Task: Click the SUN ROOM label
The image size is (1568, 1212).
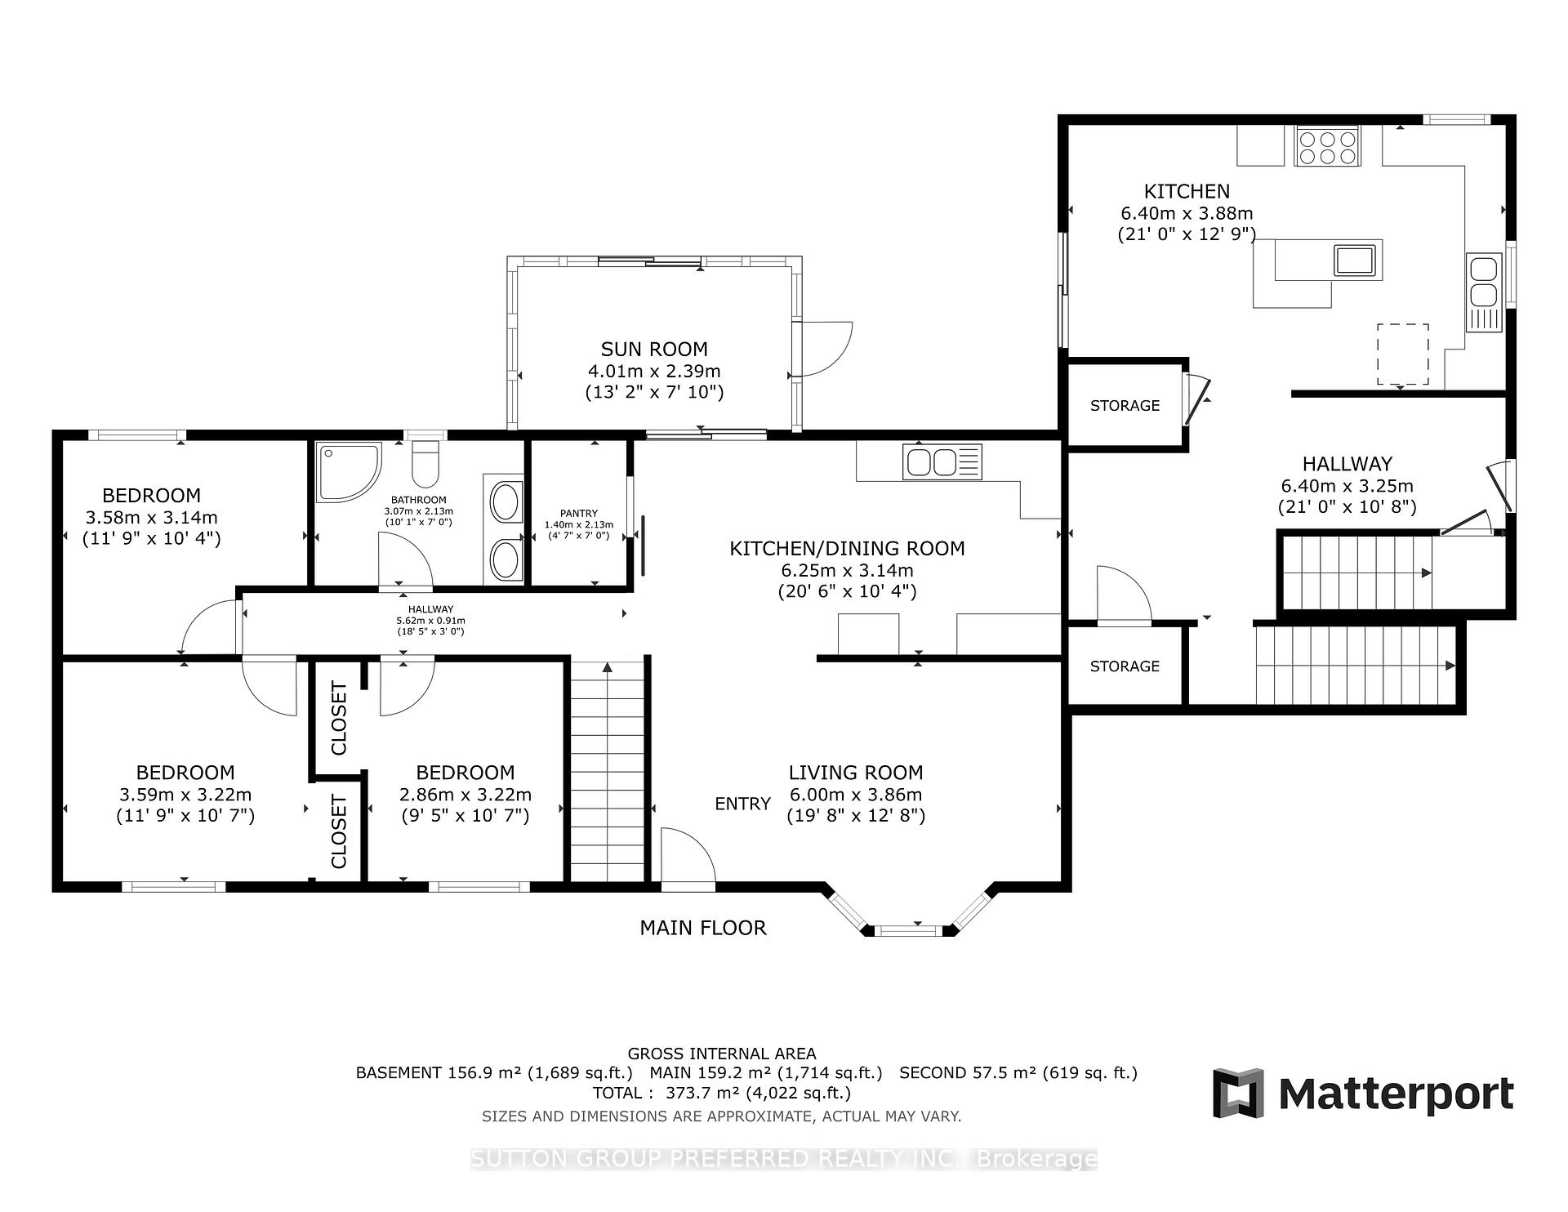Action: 654,350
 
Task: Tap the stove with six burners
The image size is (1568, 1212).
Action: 1327,146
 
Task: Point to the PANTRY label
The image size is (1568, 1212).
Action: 579,514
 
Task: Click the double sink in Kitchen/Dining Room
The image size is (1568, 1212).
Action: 942,461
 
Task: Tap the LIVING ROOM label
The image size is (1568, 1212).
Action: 856,773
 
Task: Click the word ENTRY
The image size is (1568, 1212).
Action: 742,804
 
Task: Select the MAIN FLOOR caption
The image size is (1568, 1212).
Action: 703,928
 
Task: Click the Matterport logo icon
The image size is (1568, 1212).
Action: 1238,1093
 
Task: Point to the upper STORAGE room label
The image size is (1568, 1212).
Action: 1125,406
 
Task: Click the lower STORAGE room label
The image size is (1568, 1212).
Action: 1125,666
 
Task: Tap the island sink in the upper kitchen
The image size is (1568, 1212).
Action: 1355,260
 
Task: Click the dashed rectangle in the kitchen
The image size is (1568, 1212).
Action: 1403,354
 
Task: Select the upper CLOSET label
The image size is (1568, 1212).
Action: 339,718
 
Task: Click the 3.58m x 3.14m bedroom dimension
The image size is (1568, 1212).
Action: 152,517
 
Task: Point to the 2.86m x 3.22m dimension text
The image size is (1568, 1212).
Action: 465,795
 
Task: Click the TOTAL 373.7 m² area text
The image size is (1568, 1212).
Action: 722,1093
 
